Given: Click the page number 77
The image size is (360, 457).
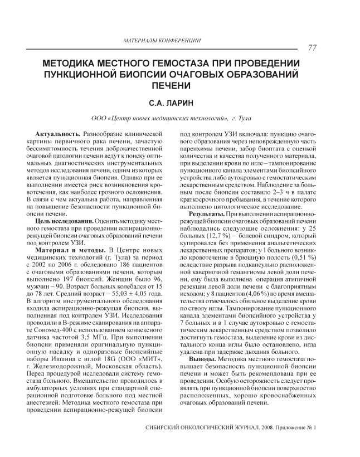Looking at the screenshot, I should pos(312,48).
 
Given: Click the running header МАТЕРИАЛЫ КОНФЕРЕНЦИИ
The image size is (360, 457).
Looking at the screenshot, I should pos(162,41).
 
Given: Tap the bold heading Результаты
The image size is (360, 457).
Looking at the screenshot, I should pos(207,214).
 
